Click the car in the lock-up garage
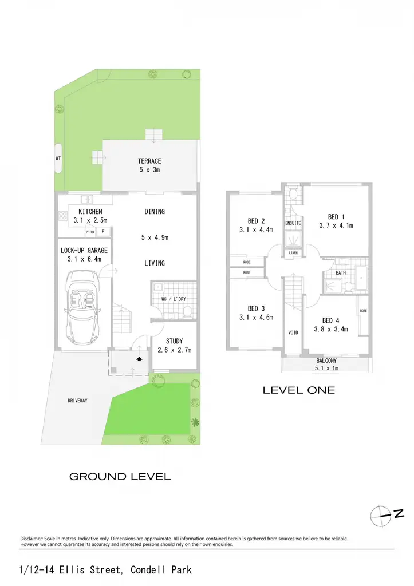[x=83, y=308]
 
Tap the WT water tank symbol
[x=58, y=159]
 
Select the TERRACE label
[x=149, y=161]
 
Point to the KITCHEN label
[x=90, y=212]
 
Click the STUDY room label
[x=174, y=341]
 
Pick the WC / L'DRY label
[x=174, y=299]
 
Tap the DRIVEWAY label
[x=77, y=401]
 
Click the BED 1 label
[x=336, y=217]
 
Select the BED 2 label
[x=256, y=221]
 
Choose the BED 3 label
[x=256, y=308]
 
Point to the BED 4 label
[x=330, y=320]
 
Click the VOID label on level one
[x=293, y=332]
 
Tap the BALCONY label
[x=326, y=361]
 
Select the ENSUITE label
[x=293, y=223]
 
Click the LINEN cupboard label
[x=293, y=253]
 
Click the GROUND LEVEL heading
[x=120, y=477]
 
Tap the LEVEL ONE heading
[x=299, y=390]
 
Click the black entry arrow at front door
[x=139, y=359]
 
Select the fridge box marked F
[x=103, y=232]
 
